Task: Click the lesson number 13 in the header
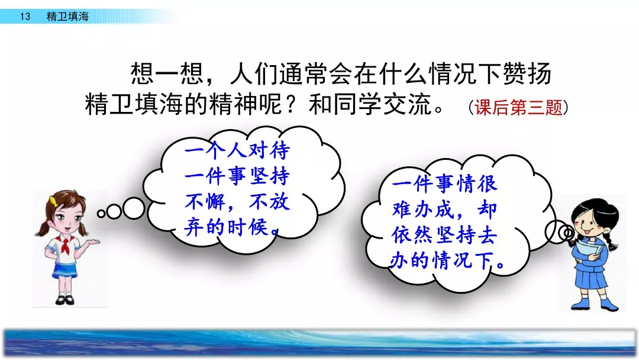25,17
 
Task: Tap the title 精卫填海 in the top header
67,17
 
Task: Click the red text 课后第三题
518,108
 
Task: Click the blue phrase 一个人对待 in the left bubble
237,150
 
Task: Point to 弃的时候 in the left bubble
226,227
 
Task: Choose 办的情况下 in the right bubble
441,260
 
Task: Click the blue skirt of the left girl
64,271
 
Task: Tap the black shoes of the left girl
65,300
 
